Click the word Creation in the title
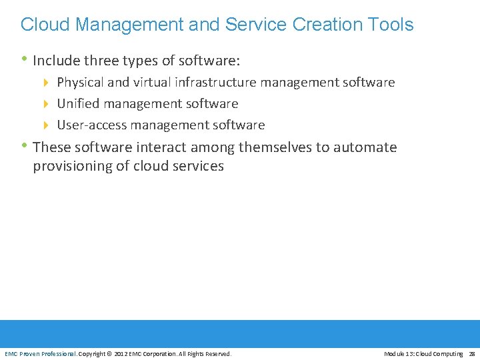[324, 25]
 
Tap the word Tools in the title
[389, 25]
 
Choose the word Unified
[77, 104]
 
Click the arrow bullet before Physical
[46, 83]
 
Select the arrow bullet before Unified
[46, 104]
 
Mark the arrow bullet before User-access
[46, 125]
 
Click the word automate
[365, 147]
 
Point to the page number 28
[471, 354]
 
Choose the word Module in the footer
[395, 354]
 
